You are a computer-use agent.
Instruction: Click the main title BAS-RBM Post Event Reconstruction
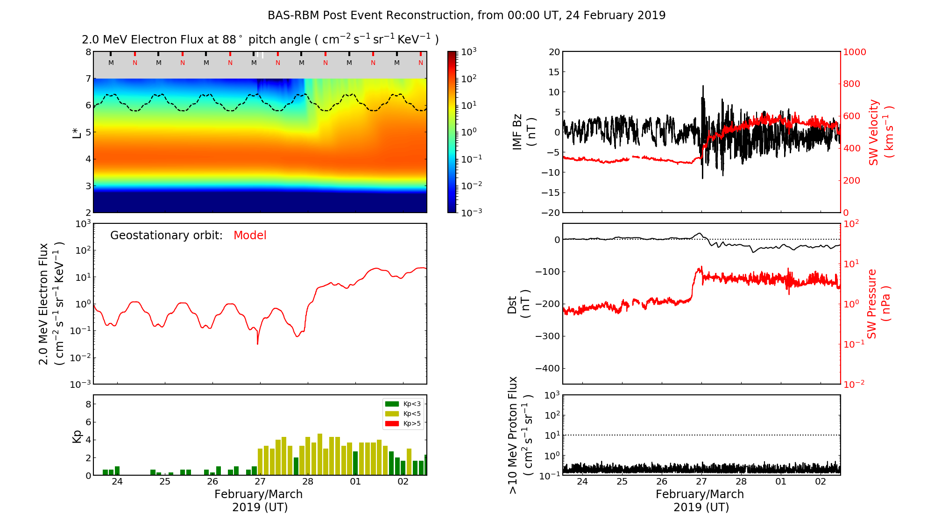click(x=466, y=15)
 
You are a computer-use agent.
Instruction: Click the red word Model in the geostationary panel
click(x=250, y=236)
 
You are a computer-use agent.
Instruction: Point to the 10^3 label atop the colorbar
click(x=469, y=52)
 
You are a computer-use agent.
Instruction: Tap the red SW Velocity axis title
click(x=880, y=132)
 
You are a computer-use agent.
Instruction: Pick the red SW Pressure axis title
click(x=878, y=304)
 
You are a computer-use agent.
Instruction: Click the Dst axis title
click(x=518, y=304)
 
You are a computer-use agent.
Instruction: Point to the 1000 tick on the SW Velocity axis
click(x=854, y=52)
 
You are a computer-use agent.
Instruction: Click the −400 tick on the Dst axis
click(x=547, y=368)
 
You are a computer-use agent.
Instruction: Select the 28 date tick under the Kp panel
click(x=308, y=482)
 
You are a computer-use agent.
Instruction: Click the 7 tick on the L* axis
click(x=88, y=79)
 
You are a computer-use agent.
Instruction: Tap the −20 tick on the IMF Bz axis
click(x=550, y=213)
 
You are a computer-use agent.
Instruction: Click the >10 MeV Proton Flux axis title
click(x=520, y=435)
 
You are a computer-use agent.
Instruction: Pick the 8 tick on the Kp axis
click(x=88, y=404)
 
